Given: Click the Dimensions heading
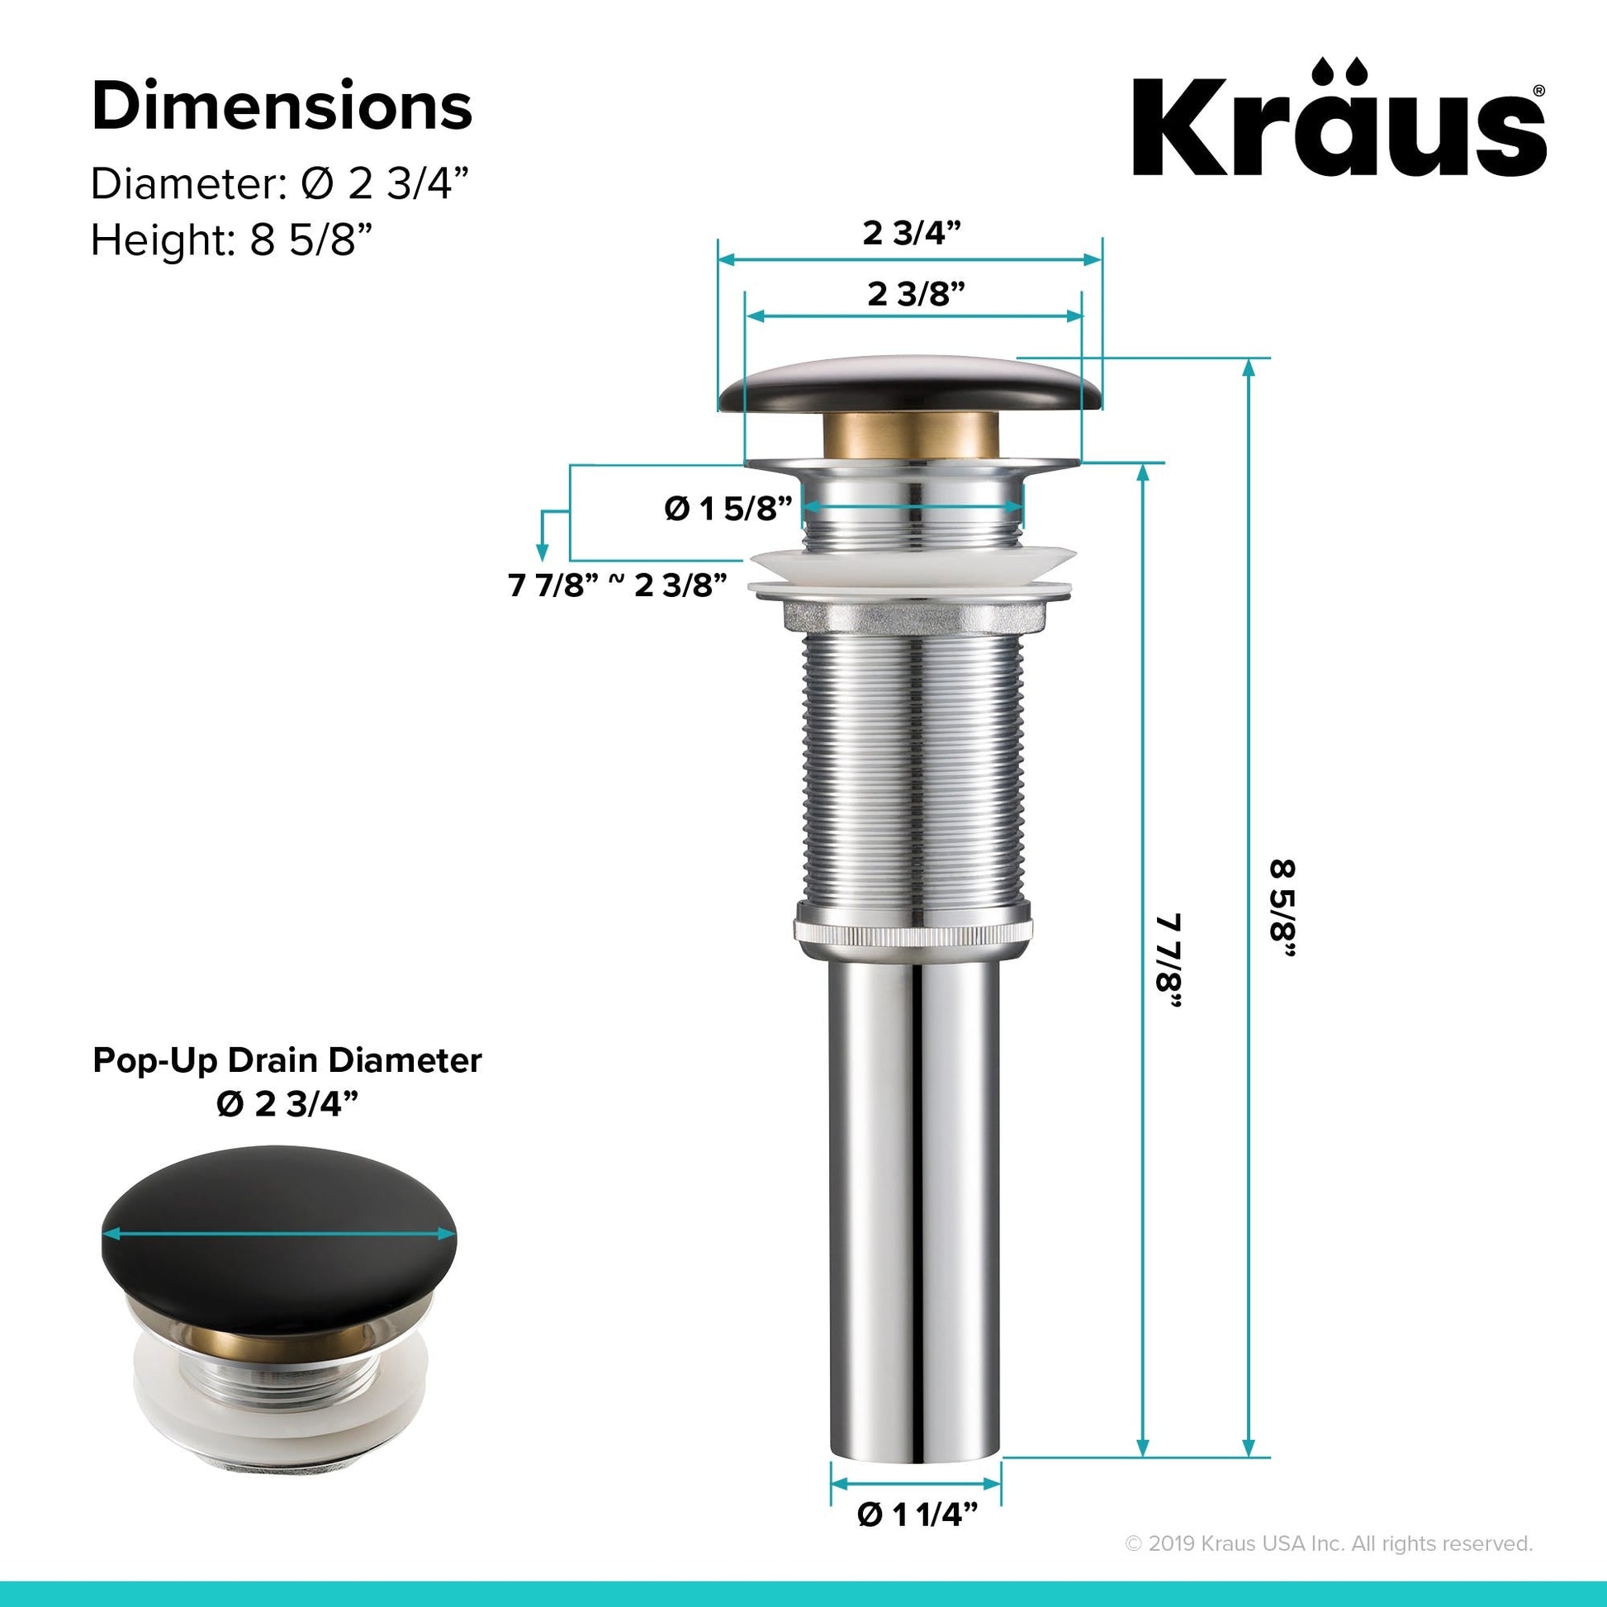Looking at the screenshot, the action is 282,107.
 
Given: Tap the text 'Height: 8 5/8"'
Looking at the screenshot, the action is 230,240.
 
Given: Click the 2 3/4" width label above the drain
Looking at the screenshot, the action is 912,233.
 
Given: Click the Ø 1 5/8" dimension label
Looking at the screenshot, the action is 728,508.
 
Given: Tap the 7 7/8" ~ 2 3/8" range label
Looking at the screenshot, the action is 618,585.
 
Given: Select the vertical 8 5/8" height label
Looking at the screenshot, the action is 1282,910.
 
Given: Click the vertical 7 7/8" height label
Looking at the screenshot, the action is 1169,962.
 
